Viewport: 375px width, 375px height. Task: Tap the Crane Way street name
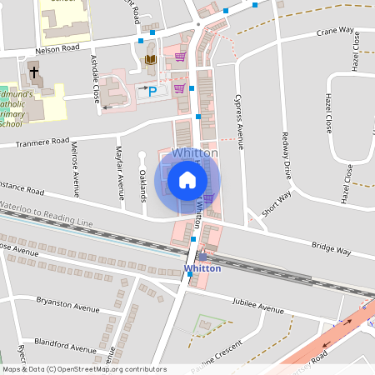tap(335, 32)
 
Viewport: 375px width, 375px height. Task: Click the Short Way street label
tap(276, 202)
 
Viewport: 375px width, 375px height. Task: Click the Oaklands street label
tap(142, 185)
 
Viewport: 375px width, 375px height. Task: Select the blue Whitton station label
tap(202, 268)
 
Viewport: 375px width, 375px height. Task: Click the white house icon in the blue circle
tap(187, 179)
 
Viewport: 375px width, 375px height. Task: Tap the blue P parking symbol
tap(152, 91)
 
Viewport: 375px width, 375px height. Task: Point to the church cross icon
tap(34, 72)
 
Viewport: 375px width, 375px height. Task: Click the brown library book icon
tap(151, 60)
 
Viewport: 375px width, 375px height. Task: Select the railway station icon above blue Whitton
tap(202, 257)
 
